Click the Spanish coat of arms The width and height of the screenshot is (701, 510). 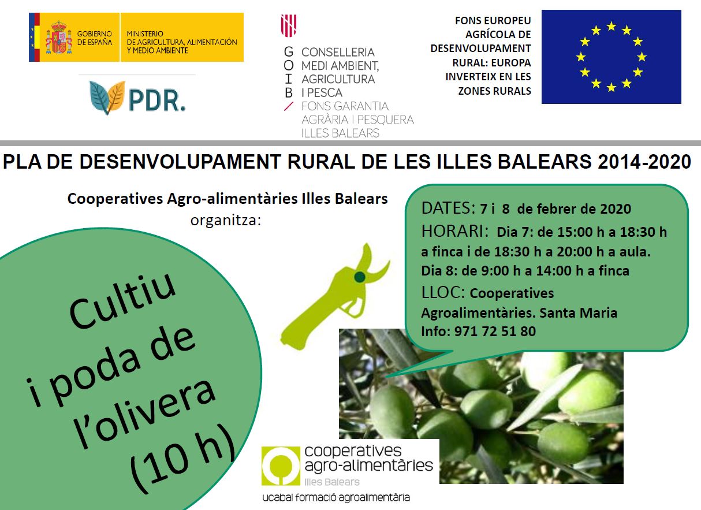[x=59, y=38]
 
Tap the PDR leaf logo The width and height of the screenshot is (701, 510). [x=107, y=98]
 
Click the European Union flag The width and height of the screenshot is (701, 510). [x=611, y=57]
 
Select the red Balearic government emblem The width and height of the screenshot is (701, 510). [x=288, y=25]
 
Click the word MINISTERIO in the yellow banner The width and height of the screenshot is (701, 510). [x=145, y=33]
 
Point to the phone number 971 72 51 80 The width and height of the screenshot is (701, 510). [x=495, y=331]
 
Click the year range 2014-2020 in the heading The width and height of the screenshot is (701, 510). [x=644, y=162]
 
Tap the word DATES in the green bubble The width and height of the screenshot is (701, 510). [x=448, y=208]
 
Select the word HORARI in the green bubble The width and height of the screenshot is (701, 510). [x=454, y=231]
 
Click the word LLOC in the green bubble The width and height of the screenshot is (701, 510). [x=443, y=292]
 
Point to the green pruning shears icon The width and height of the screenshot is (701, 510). [x=335, y=297]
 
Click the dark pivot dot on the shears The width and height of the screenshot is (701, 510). [x=360, y=277]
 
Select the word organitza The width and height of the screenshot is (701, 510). [x=226, y=220]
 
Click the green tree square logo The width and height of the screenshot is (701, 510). [x=281, y=466]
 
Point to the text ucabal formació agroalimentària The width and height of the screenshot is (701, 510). [x=336, y=497]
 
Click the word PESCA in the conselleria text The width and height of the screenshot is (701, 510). [x=325, y=92]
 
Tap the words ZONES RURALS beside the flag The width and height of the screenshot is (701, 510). [x=494, y=91]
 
